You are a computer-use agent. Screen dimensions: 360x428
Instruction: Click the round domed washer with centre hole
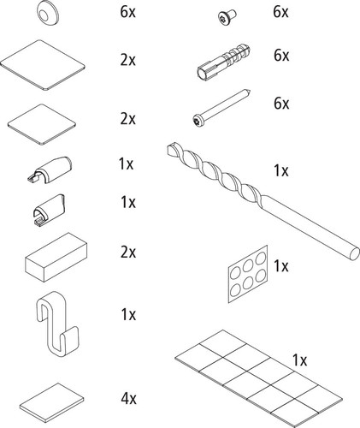pos(48,13)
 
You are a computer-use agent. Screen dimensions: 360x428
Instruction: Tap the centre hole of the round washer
pos(44,15)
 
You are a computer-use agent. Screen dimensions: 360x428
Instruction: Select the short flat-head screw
pos(227,16)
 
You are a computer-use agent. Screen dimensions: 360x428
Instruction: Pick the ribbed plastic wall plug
pos(224,61)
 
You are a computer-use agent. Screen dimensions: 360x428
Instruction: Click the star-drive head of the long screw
pos(197,119)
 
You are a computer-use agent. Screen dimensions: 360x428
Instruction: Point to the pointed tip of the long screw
pos(251,92)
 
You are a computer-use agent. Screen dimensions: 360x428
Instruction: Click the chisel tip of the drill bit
pos(170,148)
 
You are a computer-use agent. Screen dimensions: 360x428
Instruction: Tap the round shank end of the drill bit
pos(354,253)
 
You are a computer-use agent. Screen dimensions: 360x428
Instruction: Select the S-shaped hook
pos(57,323)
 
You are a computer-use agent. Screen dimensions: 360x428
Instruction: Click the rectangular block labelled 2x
pos(56,258)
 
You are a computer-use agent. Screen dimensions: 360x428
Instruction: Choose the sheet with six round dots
pos(248,274)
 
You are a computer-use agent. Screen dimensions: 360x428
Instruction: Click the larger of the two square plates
pos(43,65)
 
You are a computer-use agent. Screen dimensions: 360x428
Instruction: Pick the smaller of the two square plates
pos(42,125)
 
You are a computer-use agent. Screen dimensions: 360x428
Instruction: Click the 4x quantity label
pos(128,398)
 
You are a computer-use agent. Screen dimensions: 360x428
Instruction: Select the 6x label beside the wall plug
pos(281,55)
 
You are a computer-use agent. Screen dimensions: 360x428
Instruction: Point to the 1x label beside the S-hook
pos(128,314)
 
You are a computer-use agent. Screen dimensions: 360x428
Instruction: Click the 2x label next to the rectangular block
pos(128,253)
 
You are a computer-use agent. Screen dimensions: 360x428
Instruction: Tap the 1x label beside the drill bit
pos(281,170)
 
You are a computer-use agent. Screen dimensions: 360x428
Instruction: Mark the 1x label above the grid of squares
pos(299,360)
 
